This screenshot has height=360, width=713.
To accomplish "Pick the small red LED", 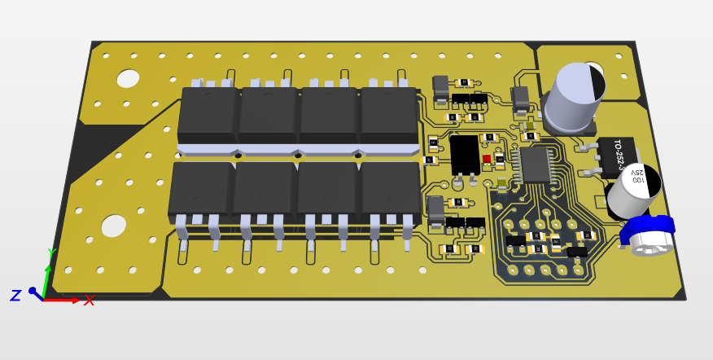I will tap(487, 159).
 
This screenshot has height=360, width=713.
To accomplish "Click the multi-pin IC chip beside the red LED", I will tap(535, 164).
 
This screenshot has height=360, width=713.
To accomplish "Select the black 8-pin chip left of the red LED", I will tap(465, 154).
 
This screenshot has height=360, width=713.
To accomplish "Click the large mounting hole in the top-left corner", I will tap(128, 79).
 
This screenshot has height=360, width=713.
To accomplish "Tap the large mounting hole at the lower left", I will tap(113, 225).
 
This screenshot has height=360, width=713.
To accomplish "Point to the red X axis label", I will tap(89, 301).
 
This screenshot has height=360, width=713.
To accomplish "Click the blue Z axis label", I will tap(15, 296).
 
